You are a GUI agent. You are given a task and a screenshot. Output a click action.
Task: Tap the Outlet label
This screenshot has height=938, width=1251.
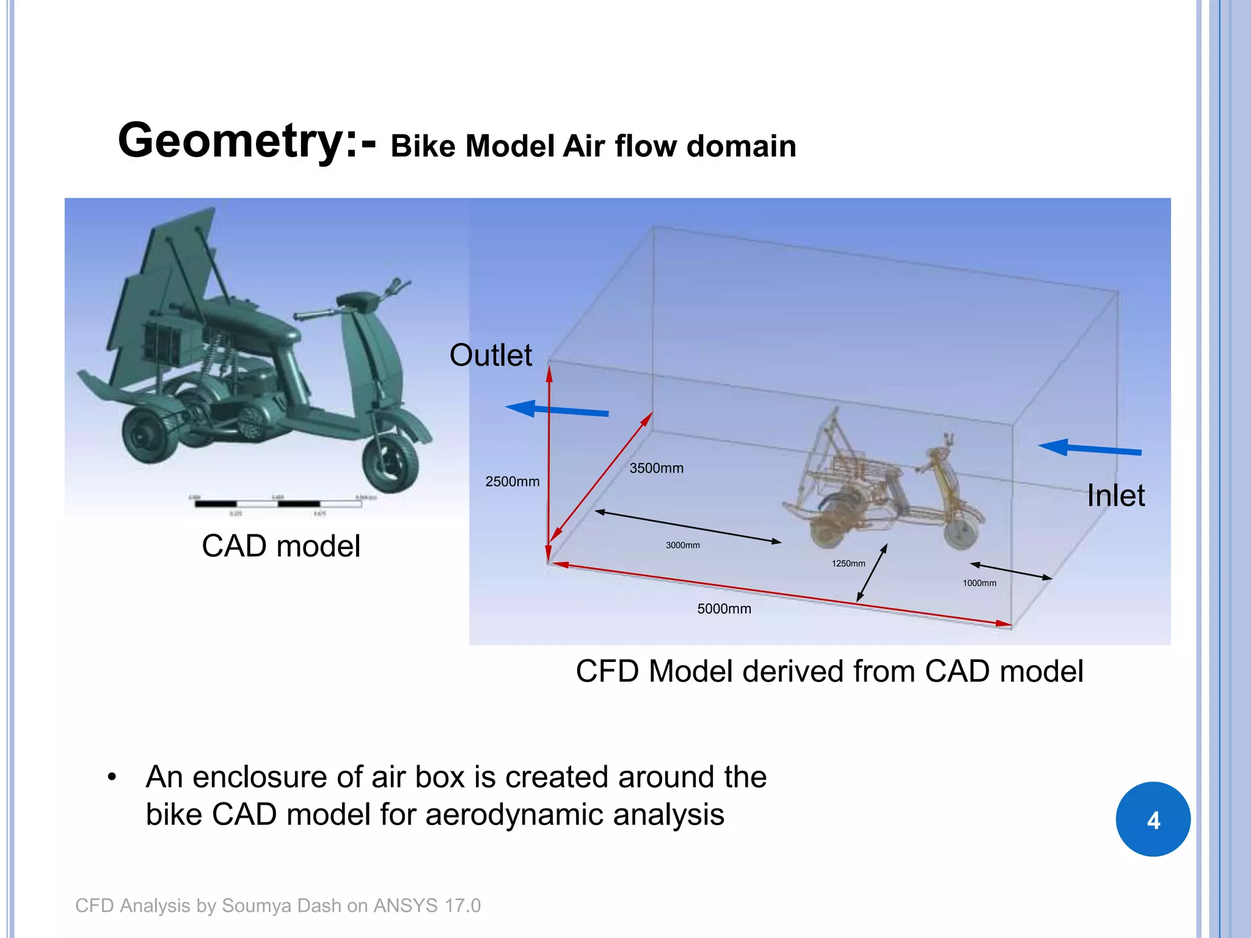pyautogui.click(x=491, y=355)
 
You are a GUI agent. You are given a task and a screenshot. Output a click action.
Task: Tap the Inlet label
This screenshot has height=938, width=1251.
pyautogui.click(x=1115, y=495)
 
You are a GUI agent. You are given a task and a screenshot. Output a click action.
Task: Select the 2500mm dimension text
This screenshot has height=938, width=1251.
pyautogui.click(x=512, y=482)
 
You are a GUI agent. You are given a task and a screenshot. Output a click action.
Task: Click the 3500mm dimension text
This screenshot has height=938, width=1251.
pyautogui.click(x=656, y=468)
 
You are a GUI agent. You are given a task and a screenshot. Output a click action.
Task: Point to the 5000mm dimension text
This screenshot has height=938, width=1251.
pyautogui.click(x=724, y=609)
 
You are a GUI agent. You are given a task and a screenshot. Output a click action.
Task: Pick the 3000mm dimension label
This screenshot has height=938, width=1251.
pyautogui.click(x=682, y=545)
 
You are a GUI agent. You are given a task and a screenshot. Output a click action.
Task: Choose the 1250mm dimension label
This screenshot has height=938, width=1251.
pyautogui.click(x=848, y=564)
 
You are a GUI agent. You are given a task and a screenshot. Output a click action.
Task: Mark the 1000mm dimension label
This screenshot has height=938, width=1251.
pyautogui.click(x=979, y=583)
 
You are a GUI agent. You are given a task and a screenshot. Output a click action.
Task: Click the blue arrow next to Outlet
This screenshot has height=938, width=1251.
pyautogui.click(x=556, y=410)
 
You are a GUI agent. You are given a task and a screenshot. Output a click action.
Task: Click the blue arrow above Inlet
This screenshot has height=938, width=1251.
pyautogui.click(x=1089, y=449)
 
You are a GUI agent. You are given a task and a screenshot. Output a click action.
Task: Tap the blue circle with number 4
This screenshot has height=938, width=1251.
pyautogui.click(x=1153, y=819)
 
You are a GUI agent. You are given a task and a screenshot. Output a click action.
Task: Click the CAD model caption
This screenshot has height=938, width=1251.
pyautogui.click(x=281, y=546)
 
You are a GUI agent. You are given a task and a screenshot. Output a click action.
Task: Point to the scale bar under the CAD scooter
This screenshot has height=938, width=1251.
pyautogui.click(x=278, y=504)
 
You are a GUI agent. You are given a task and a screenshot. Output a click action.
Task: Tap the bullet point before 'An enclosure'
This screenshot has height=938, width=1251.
pyautogui.click(x=111, y=777)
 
